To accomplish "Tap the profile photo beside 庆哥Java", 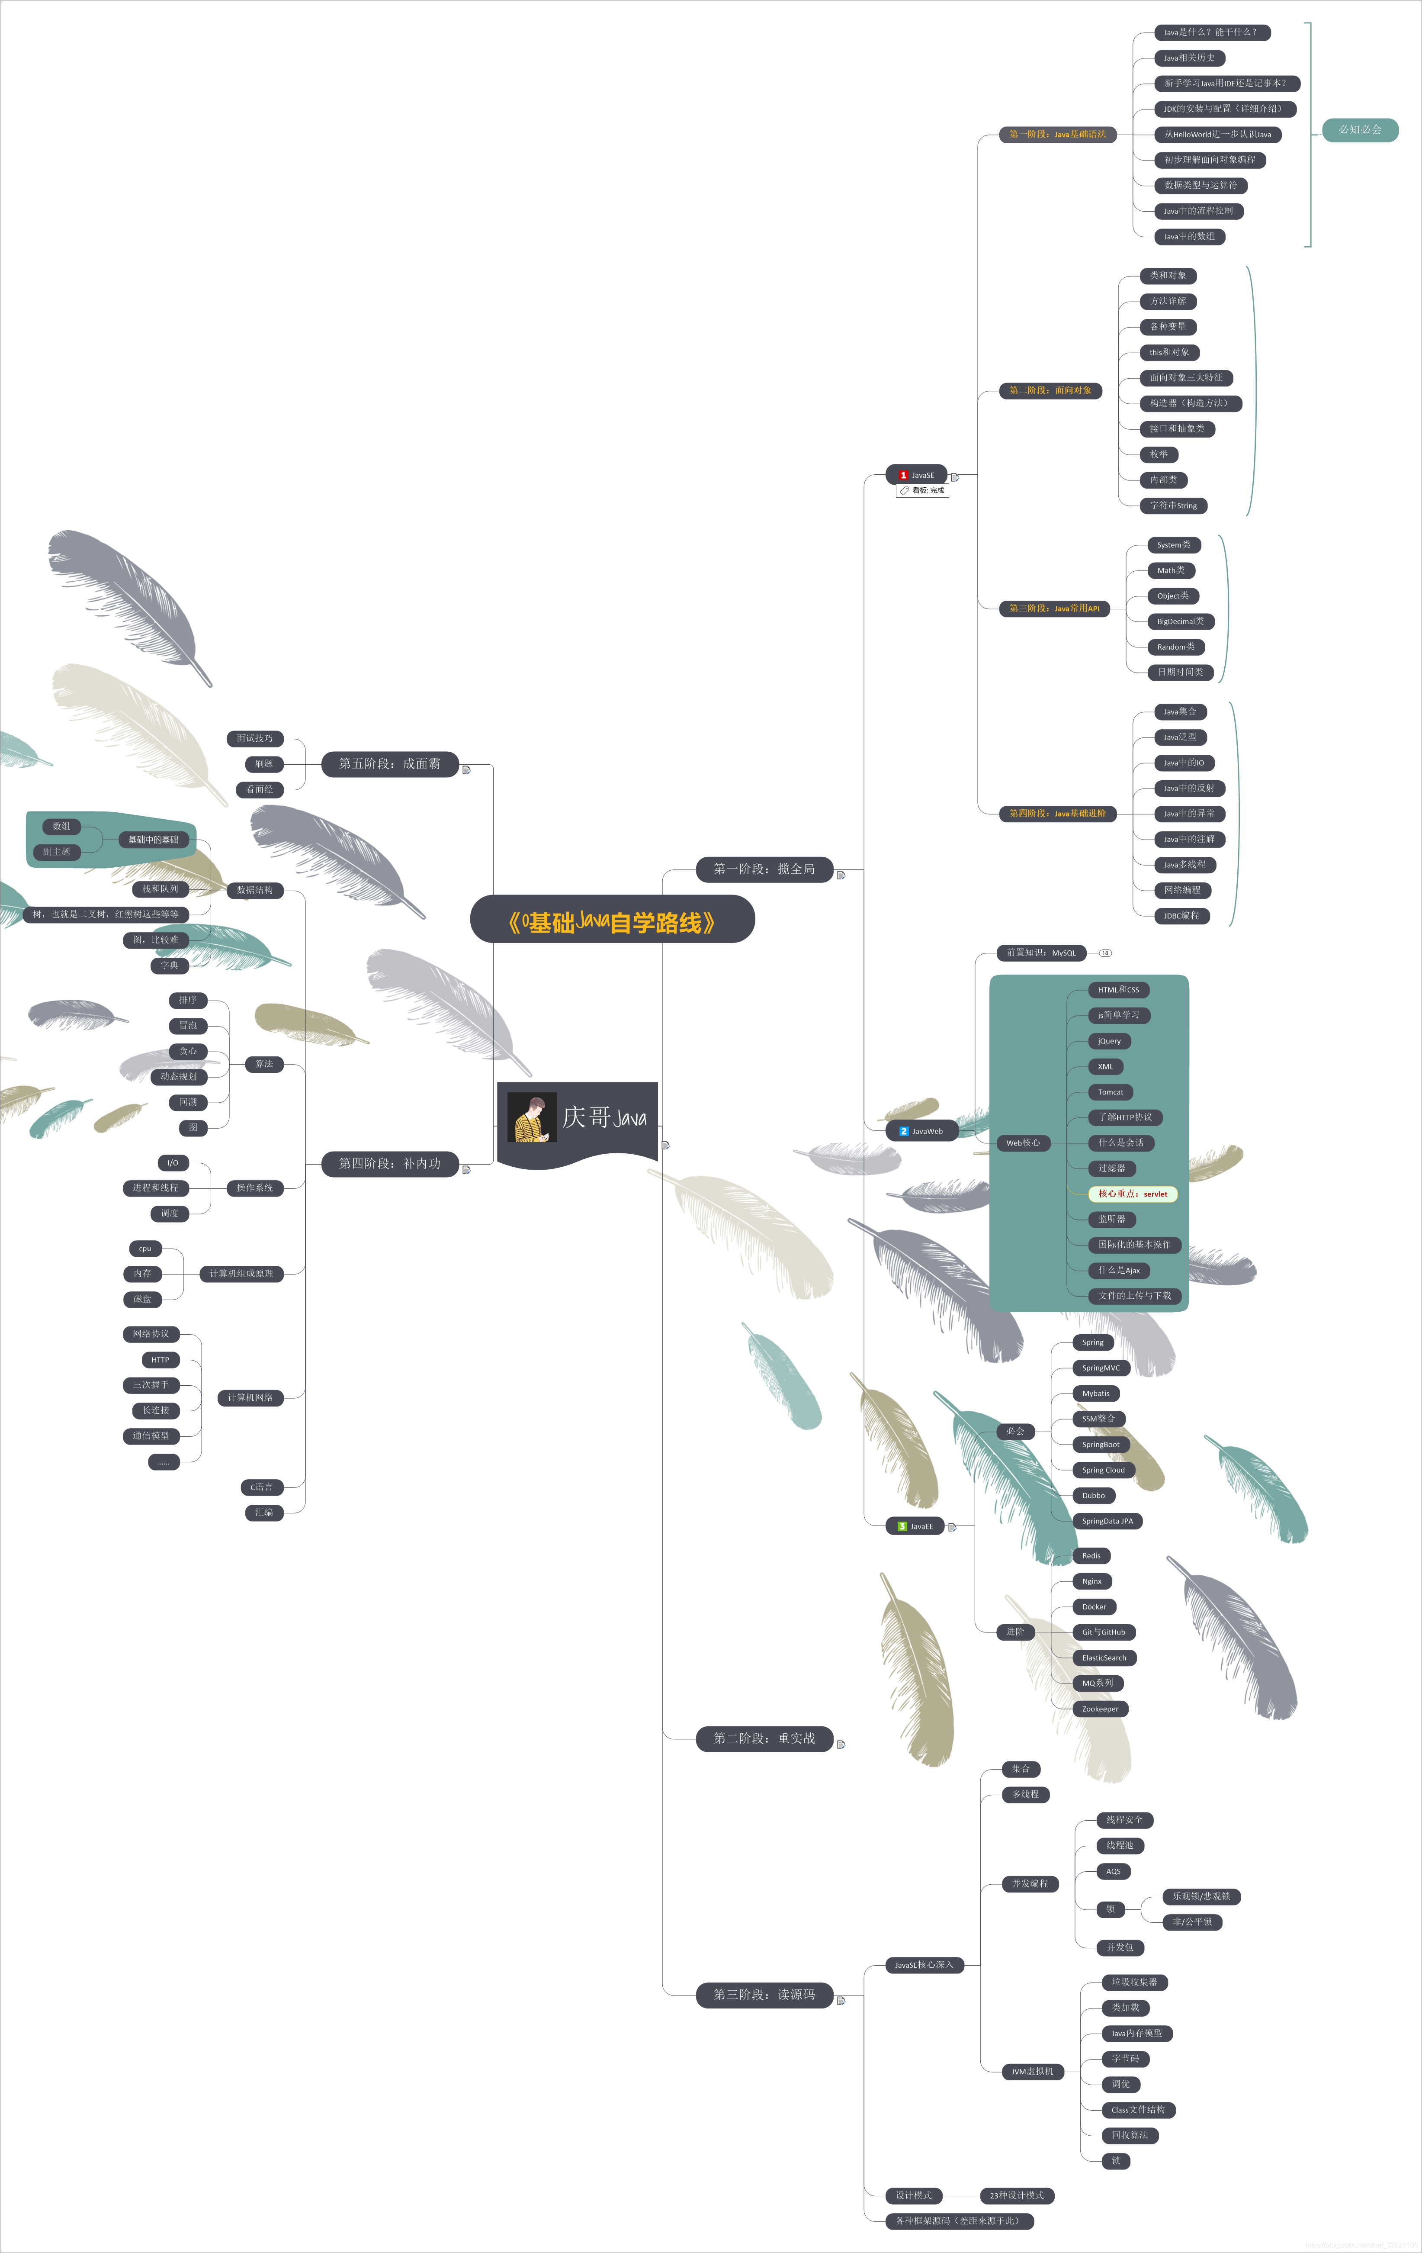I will point(531,1118).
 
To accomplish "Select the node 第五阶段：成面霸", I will point(389,763).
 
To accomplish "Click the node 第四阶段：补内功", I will point(389,1163).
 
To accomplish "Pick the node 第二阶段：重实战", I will point(764,1738).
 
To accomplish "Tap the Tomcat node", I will point(1111,1092).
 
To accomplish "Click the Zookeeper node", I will point(1100,1709).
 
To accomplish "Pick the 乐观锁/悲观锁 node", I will point(1201,1896).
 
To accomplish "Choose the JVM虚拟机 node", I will point(1032,2072).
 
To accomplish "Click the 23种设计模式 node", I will point(1017,2195).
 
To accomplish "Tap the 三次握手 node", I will point(151,1385).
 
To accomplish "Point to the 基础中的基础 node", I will point(154,839).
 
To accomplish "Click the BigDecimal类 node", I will point(1181,621).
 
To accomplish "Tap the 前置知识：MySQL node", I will point(1041,953).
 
